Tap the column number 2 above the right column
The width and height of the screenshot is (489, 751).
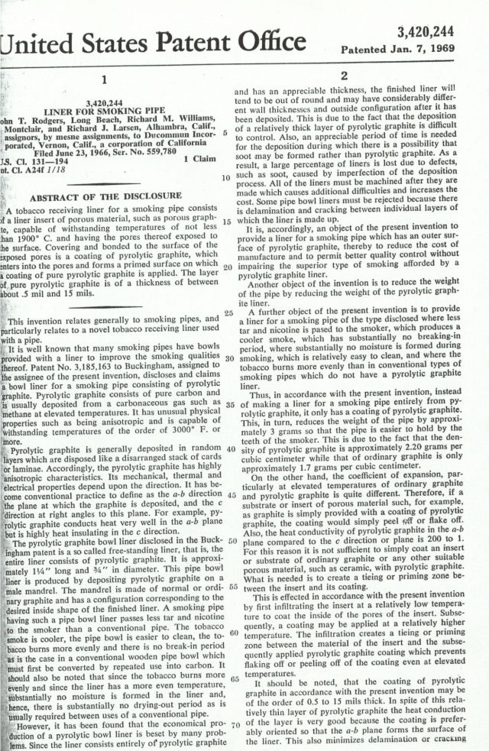[x=344, y=76]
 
